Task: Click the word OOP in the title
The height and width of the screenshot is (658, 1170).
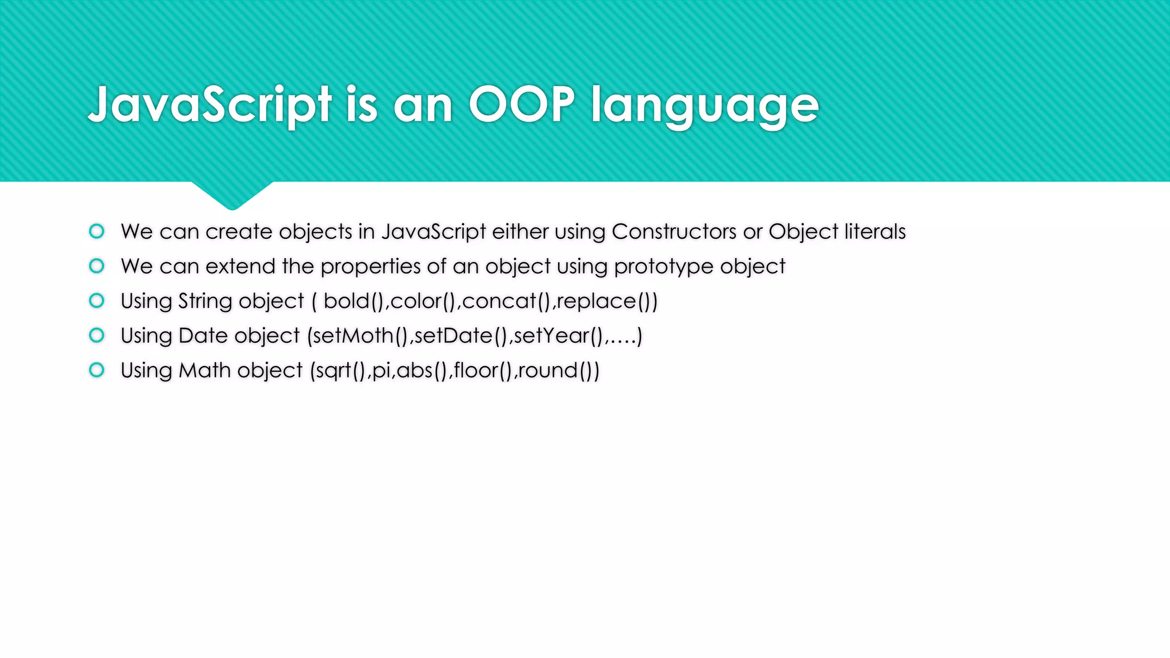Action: [521, 104]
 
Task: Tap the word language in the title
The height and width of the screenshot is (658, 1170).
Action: [704, 106]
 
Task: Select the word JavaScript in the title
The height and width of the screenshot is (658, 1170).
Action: [210, 105]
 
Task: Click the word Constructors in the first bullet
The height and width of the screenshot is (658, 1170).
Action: [674, 231]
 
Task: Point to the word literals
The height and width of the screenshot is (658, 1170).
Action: [875, 231]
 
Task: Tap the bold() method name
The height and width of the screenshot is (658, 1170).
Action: [353, 301]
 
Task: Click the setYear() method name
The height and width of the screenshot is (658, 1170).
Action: [558, 336]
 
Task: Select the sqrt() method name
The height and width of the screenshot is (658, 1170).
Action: [340, 371]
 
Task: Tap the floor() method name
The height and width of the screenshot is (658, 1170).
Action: [483, 371]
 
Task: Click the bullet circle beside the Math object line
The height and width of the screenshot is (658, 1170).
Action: [97, 370]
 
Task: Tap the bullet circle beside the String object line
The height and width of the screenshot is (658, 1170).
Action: [97, 300]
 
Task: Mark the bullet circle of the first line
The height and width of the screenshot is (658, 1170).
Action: [97, 231]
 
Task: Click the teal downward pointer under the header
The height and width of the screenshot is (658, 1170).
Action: [232, 194]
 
